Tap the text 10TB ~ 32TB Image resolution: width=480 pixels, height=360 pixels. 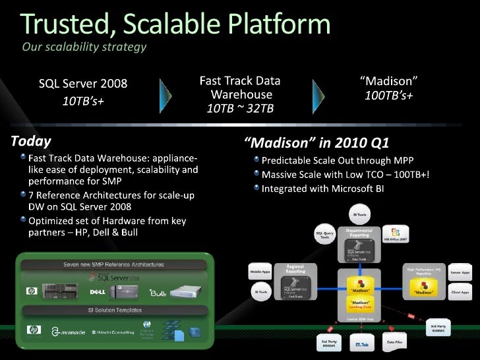point(239,108)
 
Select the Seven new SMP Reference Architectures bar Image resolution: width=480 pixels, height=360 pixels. point(109,264)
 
